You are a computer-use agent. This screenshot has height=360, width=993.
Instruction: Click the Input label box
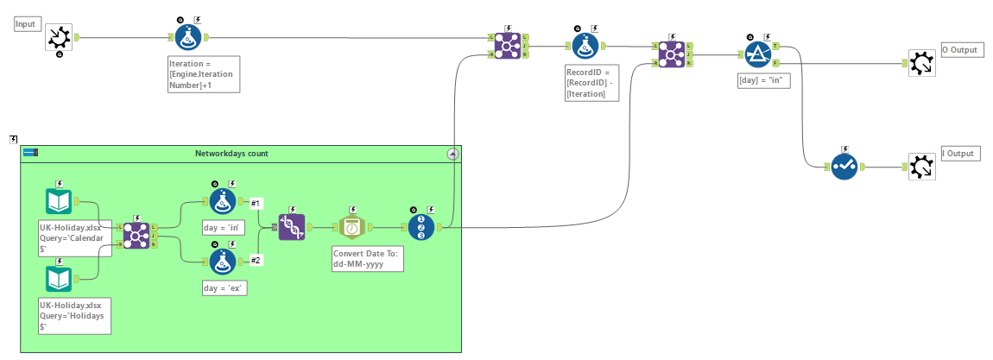click(x=27, y=24)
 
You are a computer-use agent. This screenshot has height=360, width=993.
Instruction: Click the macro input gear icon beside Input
click(x=58, y=37)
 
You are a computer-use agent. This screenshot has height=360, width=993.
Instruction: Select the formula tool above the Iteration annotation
click(x=188, y=37)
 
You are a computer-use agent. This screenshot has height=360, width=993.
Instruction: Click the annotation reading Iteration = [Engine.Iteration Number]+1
click(x=204, y=74)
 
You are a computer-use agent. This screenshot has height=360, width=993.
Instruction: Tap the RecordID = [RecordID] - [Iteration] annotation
click(x=591, y=83)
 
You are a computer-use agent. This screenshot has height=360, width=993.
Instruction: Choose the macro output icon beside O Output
click(x=921, y=63)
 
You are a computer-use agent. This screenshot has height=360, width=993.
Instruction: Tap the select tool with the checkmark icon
click(x=844, y=167)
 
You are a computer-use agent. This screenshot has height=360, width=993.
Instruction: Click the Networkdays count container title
click(x=231, y=154)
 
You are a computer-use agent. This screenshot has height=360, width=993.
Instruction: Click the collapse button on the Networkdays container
click(x=452, y=154)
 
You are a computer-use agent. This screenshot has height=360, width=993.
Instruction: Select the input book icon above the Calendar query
click(x=59, y=201)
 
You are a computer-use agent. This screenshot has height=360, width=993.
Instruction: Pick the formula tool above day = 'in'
click(x=223, y=201)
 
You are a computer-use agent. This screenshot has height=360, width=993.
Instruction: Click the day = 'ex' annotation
click(x=223, y=288)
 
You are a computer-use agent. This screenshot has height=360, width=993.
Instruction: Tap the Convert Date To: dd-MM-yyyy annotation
click(x=370, y=259)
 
